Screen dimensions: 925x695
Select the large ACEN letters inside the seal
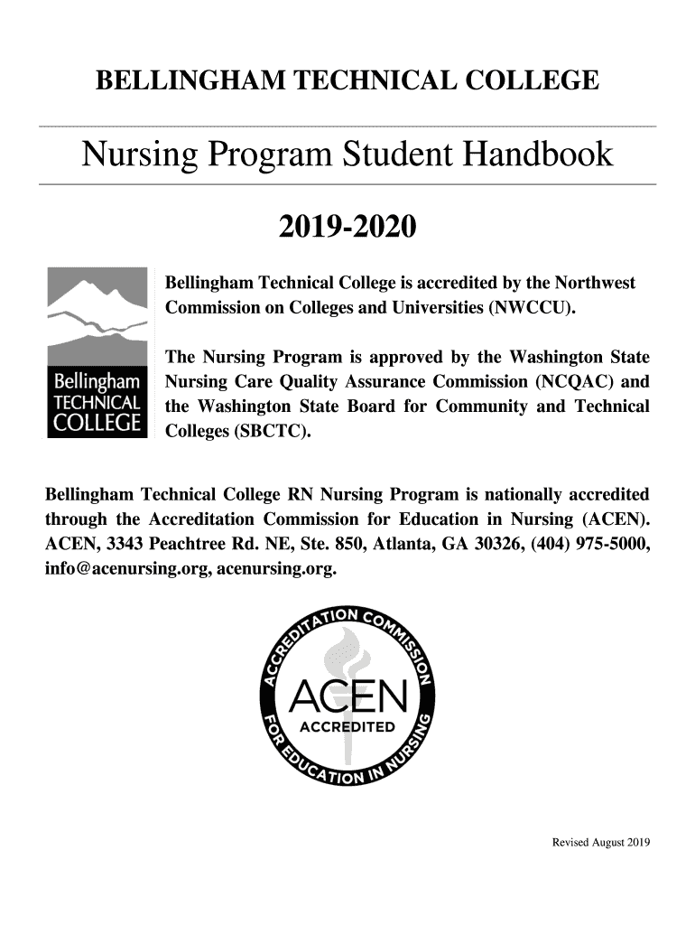coord(347,696)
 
